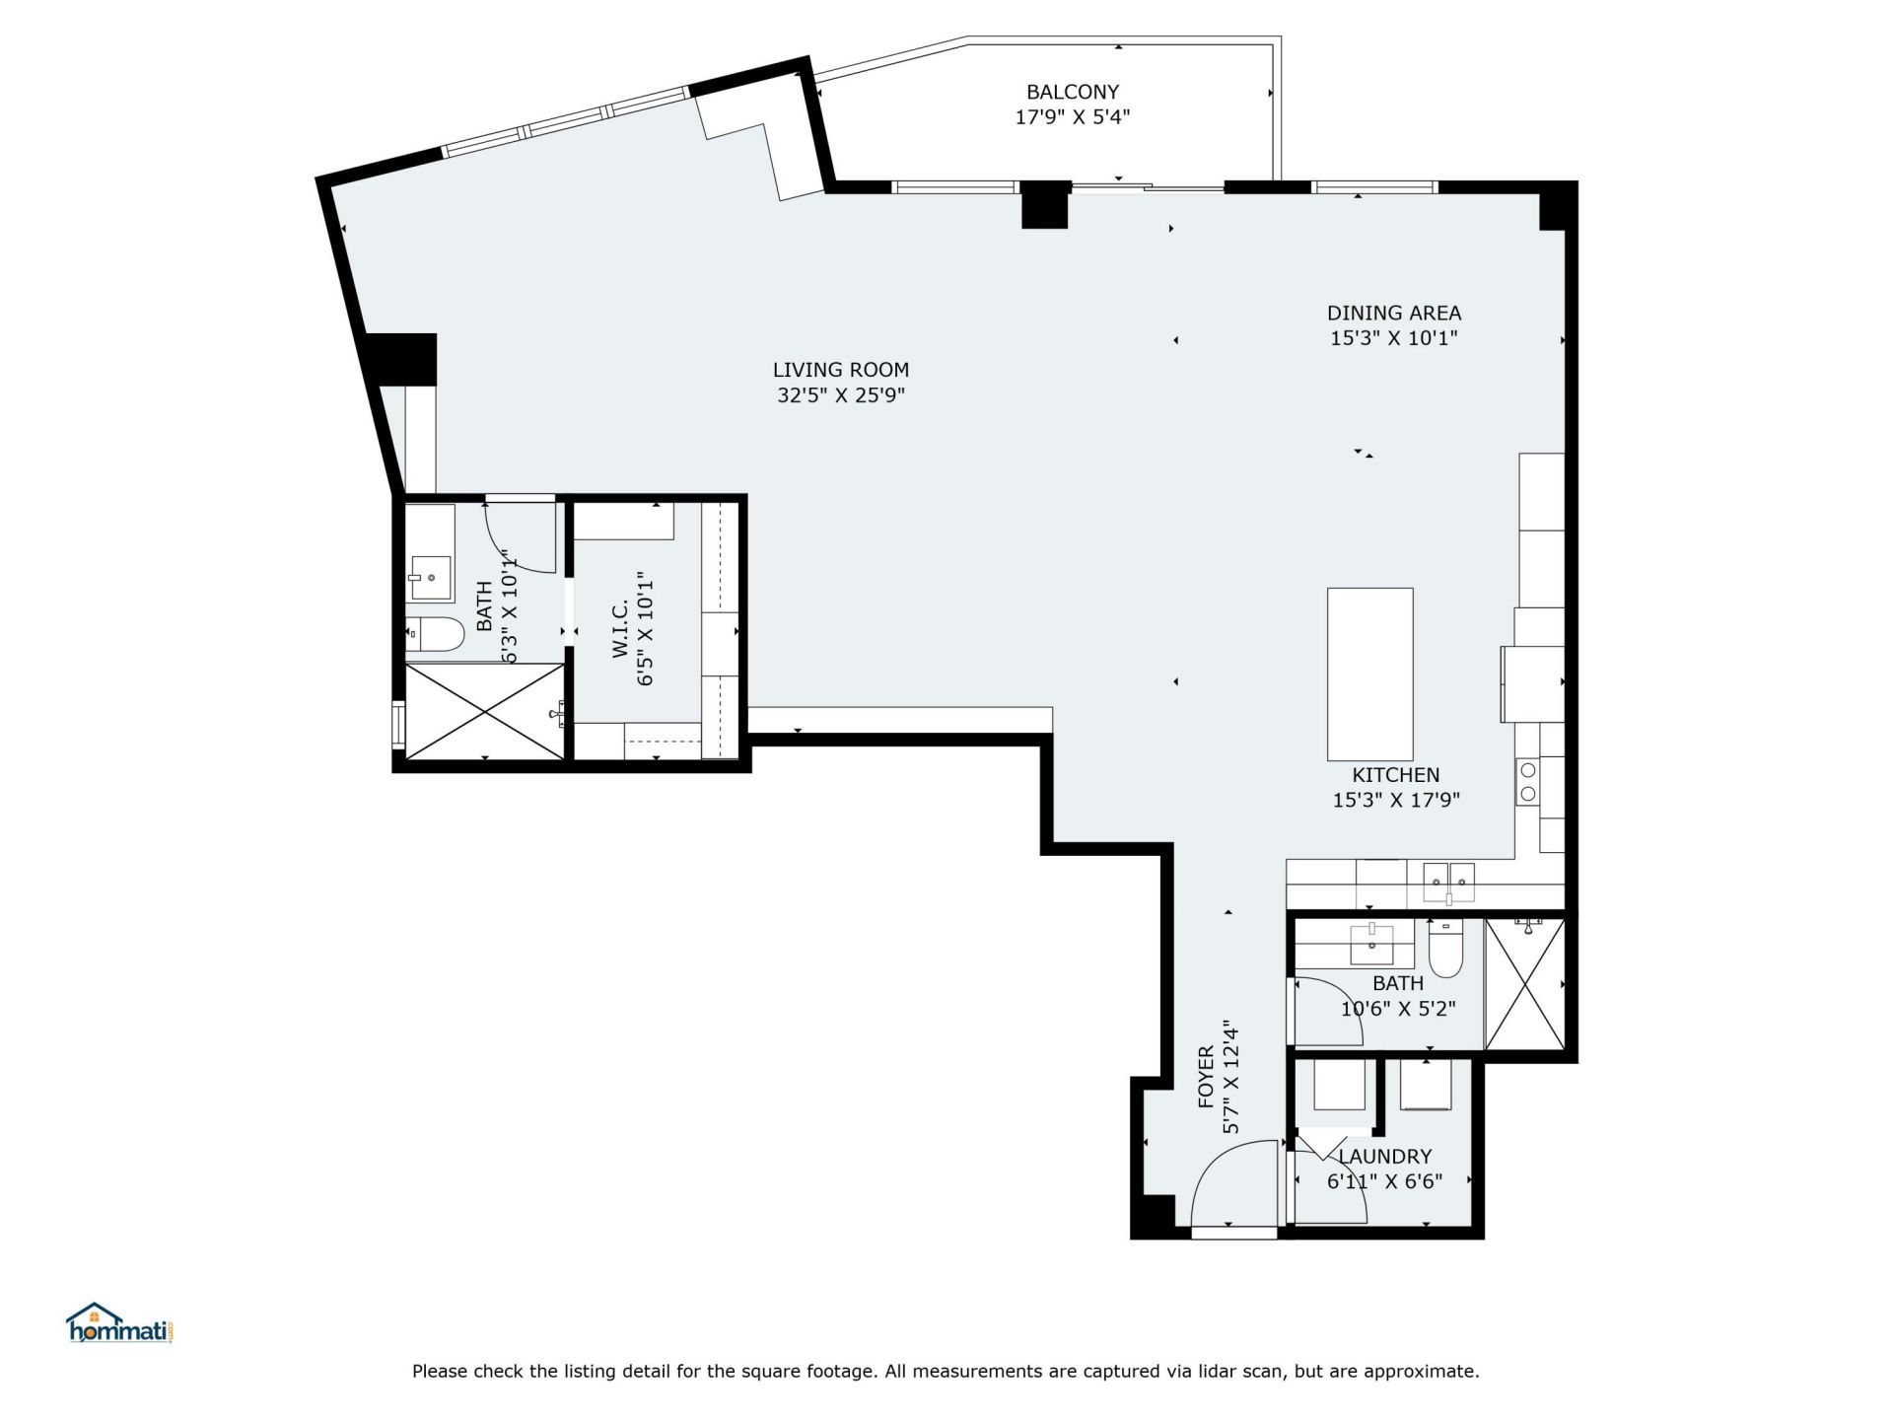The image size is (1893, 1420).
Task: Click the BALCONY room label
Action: click(x=1072, y=93)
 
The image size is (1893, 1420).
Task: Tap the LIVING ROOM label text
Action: click(x=840, y=371)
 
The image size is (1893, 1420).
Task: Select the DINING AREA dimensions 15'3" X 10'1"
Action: click(x=1393, y=339)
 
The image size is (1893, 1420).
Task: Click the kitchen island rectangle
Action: click(x=1369, y=674)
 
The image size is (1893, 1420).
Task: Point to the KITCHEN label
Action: click(x=1395, y=776)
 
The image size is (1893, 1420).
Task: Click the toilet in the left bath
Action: click(x=436, y=634)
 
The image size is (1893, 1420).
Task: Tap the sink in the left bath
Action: click(x=431, y=577)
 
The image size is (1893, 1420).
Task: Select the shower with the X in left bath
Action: click(x=484, y=711)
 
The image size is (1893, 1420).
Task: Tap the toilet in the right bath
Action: click(x=1444, y=949)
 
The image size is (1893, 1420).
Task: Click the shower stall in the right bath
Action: click(x=1524, y=984)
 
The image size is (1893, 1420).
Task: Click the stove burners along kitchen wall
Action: click(x=1527, y=781)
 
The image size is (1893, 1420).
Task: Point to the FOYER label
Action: click(x=1207, y=1077)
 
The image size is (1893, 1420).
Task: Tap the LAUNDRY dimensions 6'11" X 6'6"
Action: click(x=1384, y=1182)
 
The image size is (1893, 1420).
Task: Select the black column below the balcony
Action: click(x=1044, y=205)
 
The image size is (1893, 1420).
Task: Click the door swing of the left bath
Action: click(x=520, y=537)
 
